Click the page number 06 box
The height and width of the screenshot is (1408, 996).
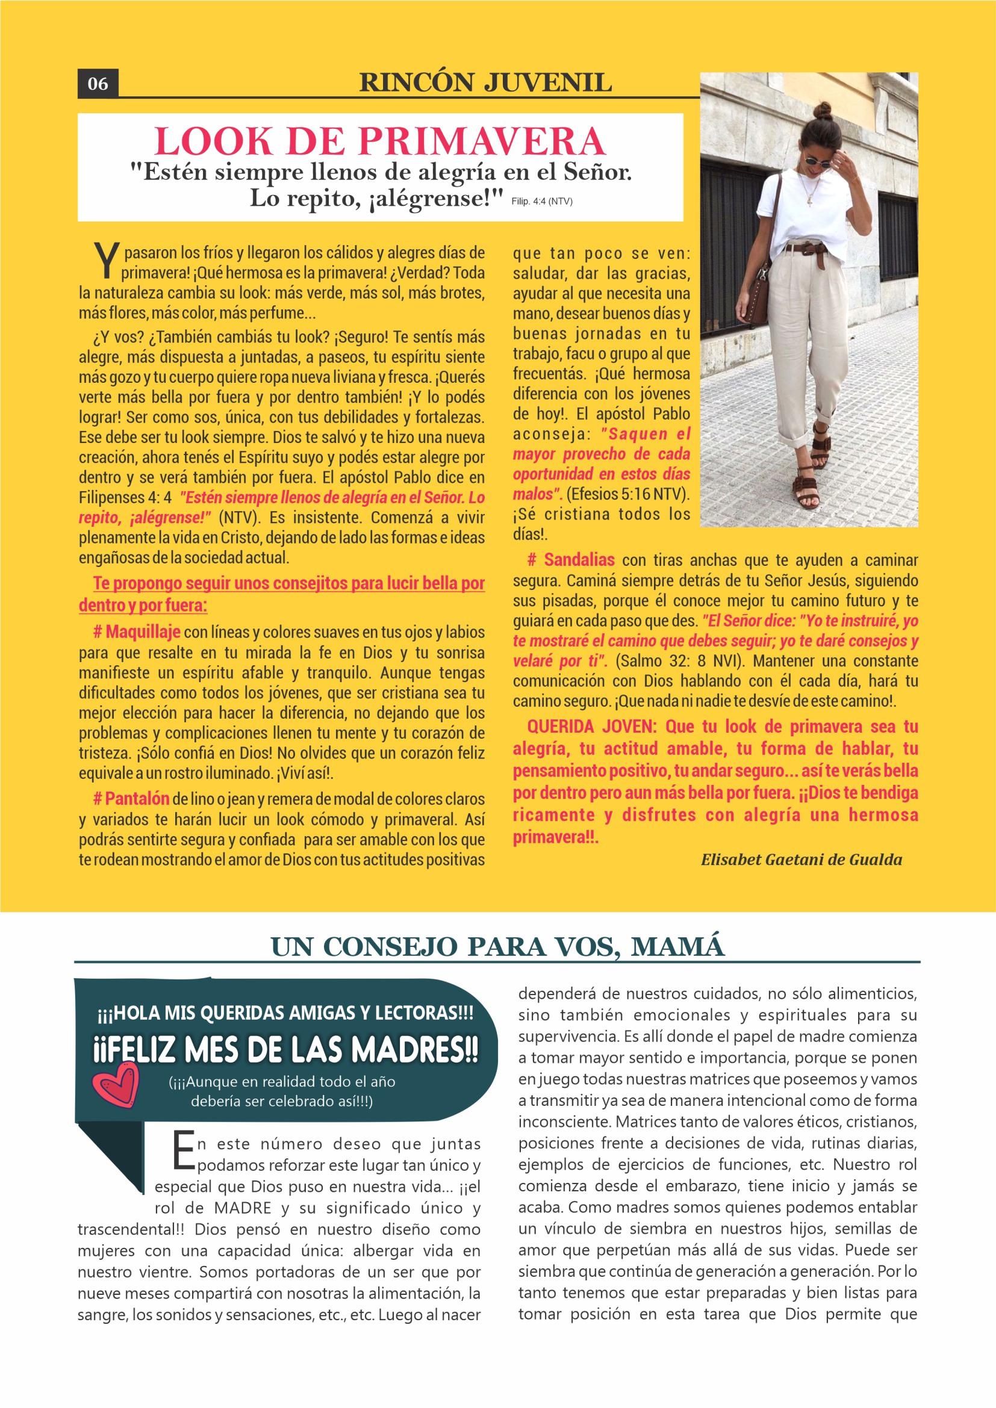pyautogui.click(x=98, y=84)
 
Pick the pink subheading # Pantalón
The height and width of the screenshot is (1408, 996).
pyautogui.click(x=131, y=799)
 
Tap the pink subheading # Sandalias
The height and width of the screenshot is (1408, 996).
pyautogui.click(x=571, y=560)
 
